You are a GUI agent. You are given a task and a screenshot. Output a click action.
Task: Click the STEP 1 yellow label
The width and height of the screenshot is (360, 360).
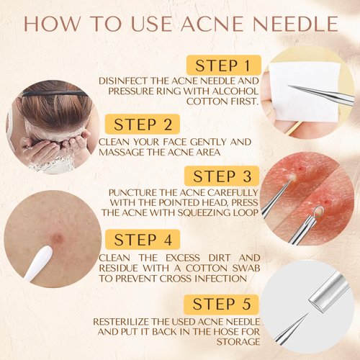coord(224,65)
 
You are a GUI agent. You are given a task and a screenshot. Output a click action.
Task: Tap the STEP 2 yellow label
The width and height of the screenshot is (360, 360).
coord(143,124)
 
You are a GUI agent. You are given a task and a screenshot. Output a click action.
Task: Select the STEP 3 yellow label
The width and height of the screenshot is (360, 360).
coord(222,176)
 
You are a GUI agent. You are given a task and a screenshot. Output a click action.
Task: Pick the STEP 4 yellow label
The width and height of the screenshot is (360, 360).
coord(143,239)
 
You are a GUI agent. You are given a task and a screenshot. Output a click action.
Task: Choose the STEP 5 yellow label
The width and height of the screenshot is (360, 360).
coord(221,304)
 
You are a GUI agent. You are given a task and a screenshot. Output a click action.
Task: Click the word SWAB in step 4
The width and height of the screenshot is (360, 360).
coord(247,268)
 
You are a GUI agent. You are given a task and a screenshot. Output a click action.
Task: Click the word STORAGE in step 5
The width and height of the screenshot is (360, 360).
coord(238,342)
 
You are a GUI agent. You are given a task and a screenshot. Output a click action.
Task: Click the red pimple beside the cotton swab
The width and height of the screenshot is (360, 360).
coord(58,238)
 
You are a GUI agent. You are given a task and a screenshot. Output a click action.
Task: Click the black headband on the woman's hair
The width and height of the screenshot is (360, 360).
coord(55,93)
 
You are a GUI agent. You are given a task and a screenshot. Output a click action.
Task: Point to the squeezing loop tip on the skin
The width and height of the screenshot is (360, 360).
coord(318,211)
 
